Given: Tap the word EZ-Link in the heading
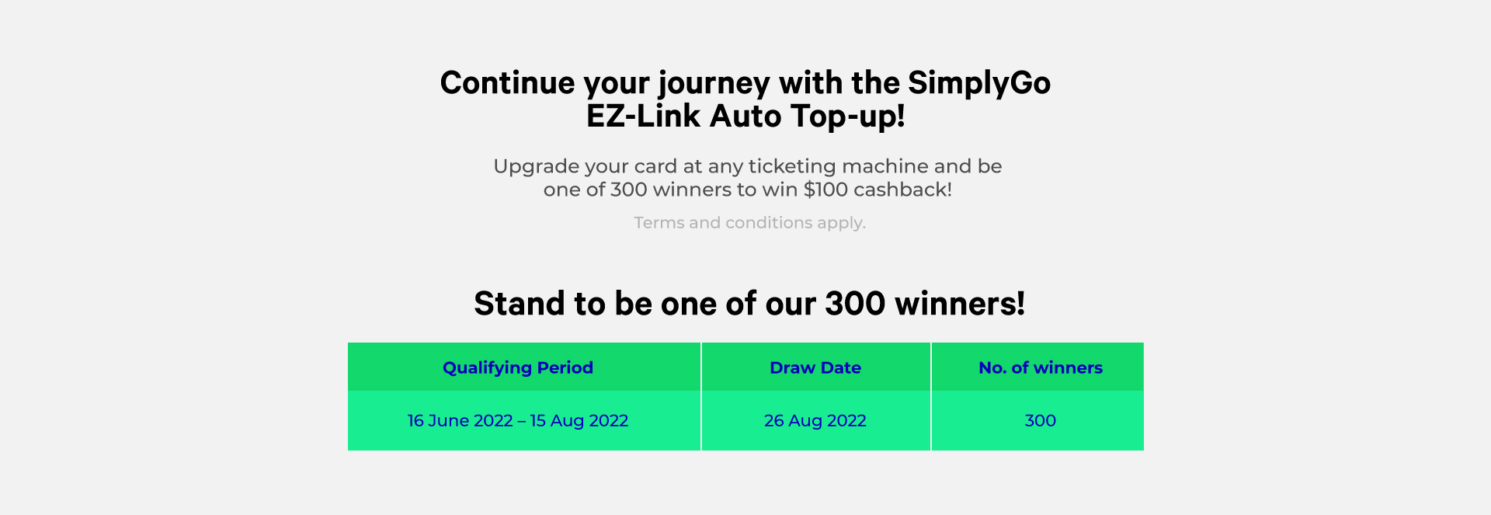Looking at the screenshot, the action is coord(643,117).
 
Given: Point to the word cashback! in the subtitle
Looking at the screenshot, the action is coord(903,190).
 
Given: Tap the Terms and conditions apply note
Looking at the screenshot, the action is coord(749,223).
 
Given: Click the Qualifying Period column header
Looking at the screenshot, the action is coord(518,368).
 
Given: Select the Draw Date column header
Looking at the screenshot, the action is coord(815,368).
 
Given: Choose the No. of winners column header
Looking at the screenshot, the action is coord(1041,368).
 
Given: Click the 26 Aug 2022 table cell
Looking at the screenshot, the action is coord(815,421).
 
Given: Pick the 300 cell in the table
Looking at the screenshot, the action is coord(1041,421).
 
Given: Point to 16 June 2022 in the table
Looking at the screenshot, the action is coord(461,421).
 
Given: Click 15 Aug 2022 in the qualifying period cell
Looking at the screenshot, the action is coord(579,421).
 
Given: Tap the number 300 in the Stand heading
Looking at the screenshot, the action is coord(855,304).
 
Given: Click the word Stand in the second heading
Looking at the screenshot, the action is coord(520,304).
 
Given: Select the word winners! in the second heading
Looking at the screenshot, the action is coord(960,304).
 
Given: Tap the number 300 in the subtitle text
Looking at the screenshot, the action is coord(629,190).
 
